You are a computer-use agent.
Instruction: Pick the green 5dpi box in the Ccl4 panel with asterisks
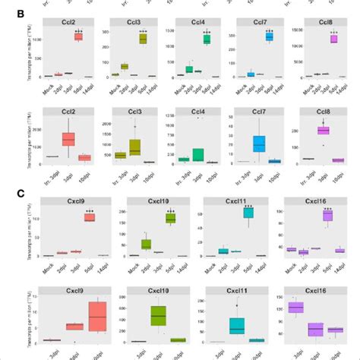(x=207, y=39)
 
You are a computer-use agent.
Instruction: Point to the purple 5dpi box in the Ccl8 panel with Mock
(x=333, y=38)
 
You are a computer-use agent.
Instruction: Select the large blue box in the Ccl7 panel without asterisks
(x=259, y=144)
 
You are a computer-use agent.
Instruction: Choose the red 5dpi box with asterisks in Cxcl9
(x=89, y=217)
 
